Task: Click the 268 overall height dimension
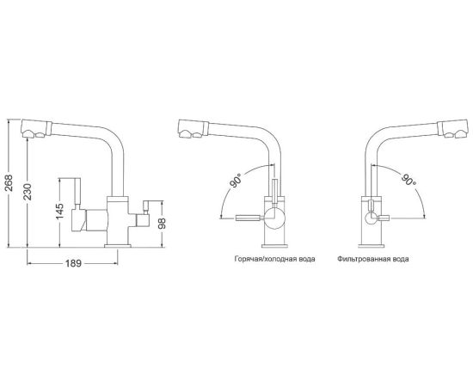[x=9, y=182]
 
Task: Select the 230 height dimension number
[x=28, y=192]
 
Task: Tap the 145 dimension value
[x=59, y=212]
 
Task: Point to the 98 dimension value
[x=163, y=224]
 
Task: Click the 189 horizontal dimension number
[x=74, y=263]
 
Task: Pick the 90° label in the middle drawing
[x=236, y=181]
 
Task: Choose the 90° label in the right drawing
[x=408, y=180]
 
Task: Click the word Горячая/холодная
[x=263, y=259]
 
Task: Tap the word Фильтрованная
[x=362, y=259]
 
